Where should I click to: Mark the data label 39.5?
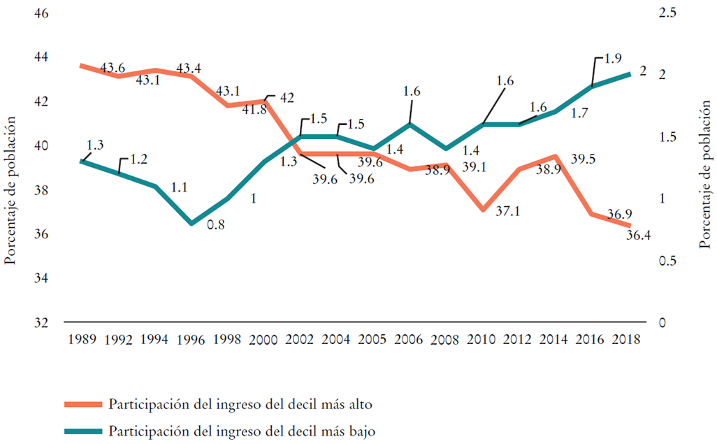tap(582, 160)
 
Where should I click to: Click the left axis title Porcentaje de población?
tap(10, 189)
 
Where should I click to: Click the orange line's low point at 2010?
tap(484, 209)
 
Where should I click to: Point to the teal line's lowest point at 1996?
tap(191, 223)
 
